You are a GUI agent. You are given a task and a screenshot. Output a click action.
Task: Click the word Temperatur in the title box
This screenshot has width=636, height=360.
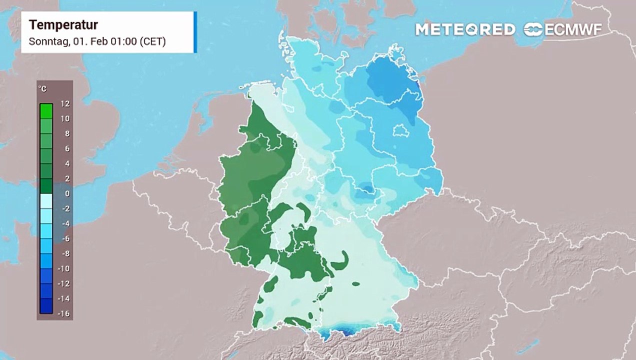63,25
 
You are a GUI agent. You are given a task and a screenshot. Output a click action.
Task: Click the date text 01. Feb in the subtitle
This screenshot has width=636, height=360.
89,41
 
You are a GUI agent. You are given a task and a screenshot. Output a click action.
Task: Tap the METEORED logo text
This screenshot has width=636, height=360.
465,29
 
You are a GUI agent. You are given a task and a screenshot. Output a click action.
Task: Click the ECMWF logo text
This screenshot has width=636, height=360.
572,29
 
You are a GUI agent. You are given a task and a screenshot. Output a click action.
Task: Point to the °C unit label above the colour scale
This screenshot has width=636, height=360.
43,89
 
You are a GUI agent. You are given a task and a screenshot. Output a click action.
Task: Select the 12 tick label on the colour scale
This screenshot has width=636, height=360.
65,103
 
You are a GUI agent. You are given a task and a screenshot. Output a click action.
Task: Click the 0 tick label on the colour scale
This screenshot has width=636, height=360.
66,193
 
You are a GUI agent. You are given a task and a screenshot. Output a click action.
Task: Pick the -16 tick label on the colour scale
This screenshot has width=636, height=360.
63,313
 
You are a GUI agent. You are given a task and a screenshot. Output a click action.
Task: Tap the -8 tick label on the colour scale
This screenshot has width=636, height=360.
65,253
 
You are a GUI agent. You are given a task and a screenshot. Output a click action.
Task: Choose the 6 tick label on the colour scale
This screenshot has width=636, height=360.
66,148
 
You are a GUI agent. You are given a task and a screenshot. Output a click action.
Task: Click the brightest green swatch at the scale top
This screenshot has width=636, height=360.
46,110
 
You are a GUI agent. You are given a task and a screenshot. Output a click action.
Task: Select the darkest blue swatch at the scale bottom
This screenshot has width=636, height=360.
46,305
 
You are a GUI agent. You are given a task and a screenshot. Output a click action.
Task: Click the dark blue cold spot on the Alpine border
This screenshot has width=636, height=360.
345,330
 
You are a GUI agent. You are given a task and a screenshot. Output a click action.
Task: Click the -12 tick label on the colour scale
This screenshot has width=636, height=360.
63,283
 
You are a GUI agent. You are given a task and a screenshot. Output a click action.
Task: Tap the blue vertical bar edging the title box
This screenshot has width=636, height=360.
195,32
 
